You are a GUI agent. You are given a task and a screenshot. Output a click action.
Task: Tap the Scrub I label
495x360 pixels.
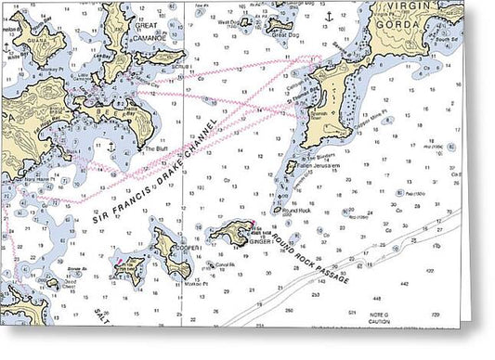pos(183,69)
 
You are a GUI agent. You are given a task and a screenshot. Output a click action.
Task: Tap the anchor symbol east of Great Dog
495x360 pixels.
pos(327,17)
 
